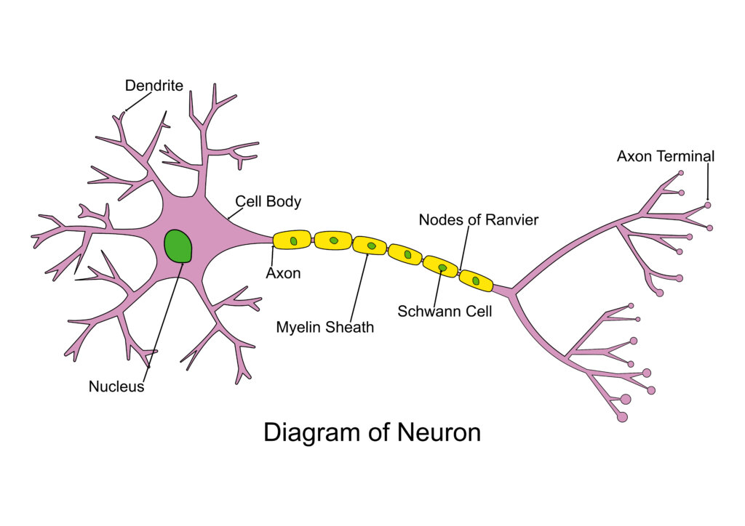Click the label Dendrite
[x=154, y=86]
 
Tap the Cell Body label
[x=268, y=201]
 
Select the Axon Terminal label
[x=666, y=156]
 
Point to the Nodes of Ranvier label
[x=479, y=219]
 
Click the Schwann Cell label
[x=445, y=311]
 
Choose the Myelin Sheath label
[x=325, y=327]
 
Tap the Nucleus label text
[x=116, y=387]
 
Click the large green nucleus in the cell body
[x=178, y=246]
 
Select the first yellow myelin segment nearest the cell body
[x=292, y=240]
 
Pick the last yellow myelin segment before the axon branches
[x=476, y=280]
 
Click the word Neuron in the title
[x=439, y=432]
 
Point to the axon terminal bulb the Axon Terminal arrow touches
[x=707, y=206]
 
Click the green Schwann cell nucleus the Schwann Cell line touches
[x=442, y=267]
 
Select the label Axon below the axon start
[x=283, y=273]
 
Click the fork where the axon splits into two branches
[x=513, y=291]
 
